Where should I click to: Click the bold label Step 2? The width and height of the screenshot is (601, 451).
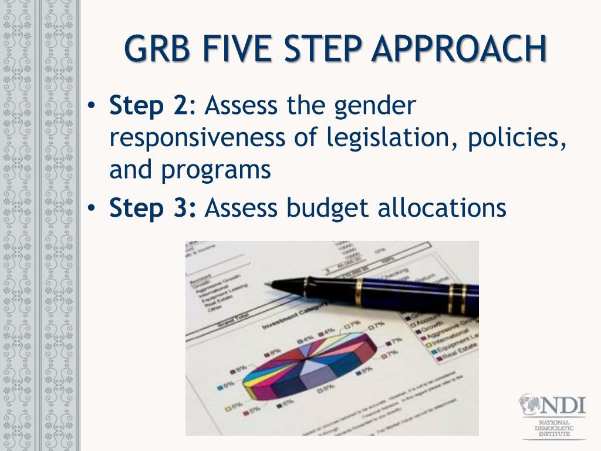pos(147,106)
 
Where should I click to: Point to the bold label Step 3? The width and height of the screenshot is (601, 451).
pos(153,207)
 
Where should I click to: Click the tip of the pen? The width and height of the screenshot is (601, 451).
pos(268,284)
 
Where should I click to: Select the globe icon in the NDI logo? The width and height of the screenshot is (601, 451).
pos(530,406)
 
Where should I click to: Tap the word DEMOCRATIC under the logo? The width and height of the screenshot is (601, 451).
pos(553,428)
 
